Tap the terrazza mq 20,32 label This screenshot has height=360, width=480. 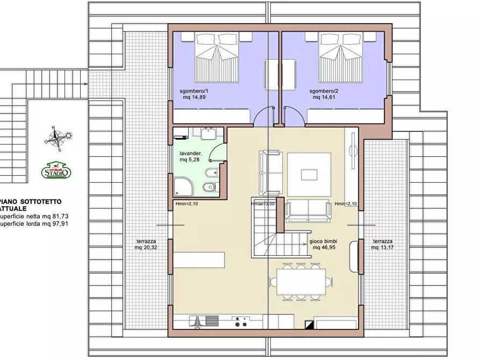(146, 244)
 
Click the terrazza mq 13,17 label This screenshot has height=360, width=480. (383, 244)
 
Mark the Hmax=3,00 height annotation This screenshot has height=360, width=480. (263, 204)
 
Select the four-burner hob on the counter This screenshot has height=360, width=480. (240, 322)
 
